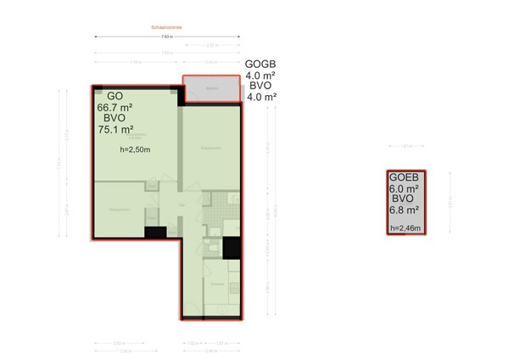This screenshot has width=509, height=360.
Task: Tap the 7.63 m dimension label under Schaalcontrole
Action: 167,37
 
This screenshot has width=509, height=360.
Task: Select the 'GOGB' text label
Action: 261,64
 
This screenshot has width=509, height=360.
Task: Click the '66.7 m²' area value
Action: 115,108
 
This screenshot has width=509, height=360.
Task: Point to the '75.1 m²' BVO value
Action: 115,130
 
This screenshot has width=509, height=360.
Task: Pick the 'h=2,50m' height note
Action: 135,150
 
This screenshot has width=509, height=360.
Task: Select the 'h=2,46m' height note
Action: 406,228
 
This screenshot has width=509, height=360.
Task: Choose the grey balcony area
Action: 211,90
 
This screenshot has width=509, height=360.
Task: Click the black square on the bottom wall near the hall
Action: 154,233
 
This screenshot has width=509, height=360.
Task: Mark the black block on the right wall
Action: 232,248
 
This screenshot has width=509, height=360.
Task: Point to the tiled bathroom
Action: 217,205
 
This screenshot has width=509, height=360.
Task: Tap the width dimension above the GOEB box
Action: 405,146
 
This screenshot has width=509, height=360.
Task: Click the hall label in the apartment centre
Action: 181,206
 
